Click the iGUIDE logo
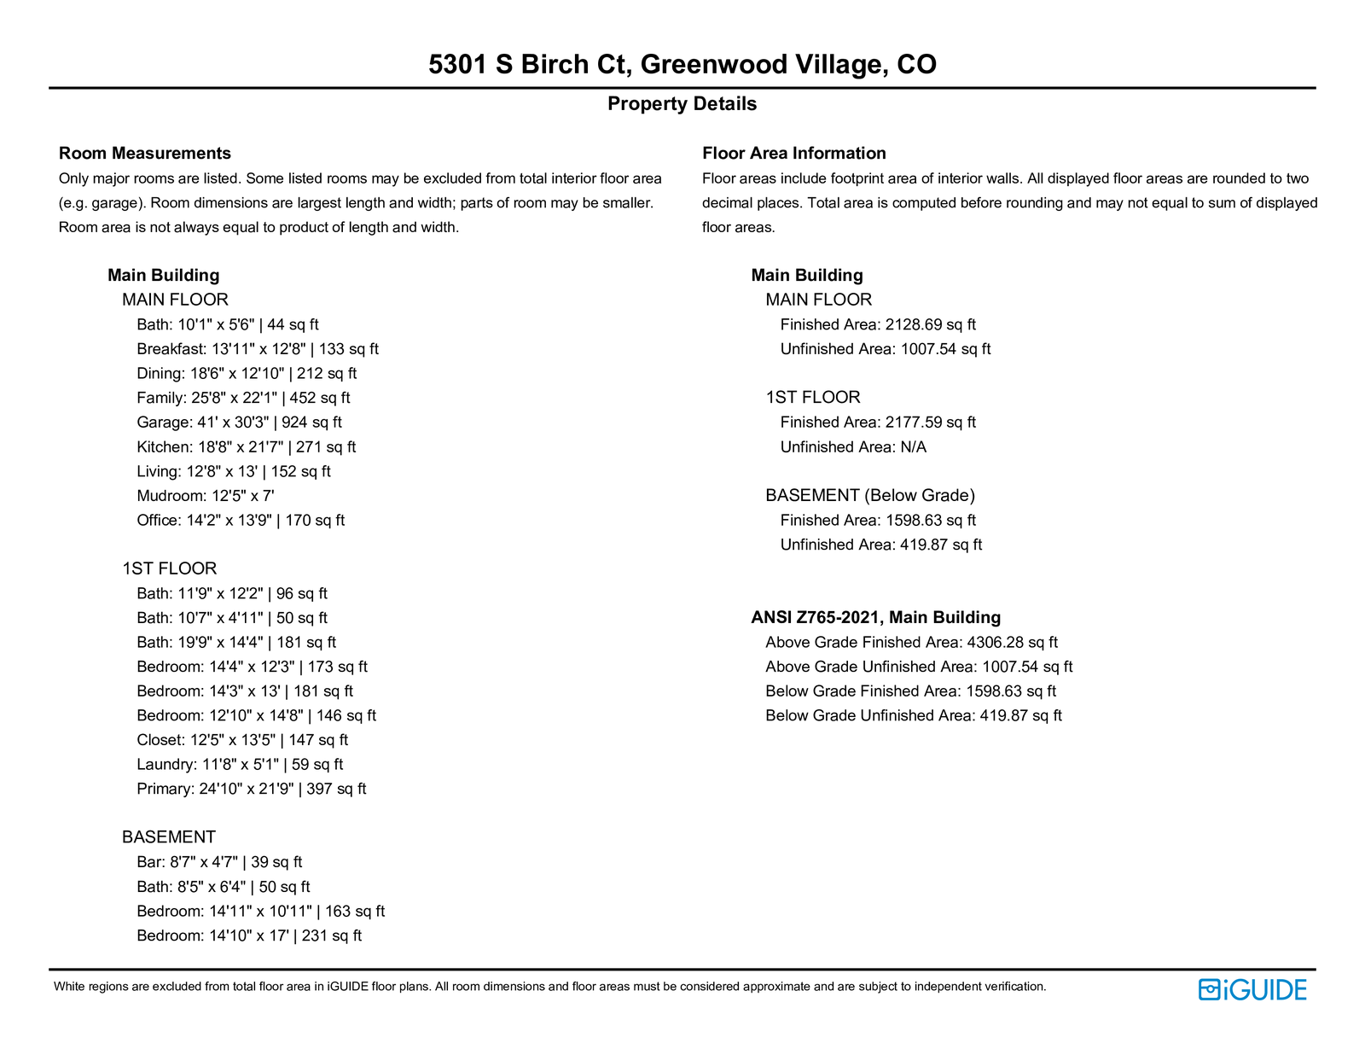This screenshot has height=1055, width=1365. coord(1252,989)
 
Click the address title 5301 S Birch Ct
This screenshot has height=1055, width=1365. coord(682,64)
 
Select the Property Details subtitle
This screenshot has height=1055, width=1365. coord(682,104)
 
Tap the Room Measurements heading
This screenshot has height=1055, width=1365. coord(145,154)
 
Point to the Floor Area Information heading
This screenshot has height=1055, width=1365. coord(793,154)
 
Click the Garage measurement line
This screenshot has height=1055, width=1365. coord(239,423)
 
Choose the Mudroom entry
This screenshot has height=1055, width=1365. coord(205,496)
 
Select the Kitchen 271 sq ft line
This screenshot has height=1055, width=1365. coord(246,447)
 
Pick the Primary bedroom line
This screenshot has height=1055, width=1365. coord(251,790)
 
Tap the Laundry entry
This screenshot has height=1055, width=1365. coord(240,765)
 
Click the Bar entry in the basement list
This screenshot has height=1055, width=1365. coord(219,863)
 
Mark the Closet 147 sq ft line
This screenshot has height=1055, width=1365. coord(242,740)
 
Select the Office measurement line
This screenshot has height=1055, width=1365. coord(241,521)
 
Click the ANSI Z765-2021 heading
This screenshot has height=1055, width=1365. coord(875,618)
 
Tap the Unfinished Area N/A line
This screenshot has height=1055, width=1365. coord(853,447)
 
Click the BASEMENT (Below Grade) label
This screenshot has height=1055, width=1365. coord(870,496)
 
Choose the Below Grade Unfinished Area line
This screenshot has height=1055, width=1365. coord(914,716)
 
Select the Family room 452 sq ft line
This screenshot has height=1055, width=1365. coord(243,399)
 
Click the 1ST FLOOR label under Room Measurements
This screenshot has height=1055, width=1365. coord(169,569)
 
